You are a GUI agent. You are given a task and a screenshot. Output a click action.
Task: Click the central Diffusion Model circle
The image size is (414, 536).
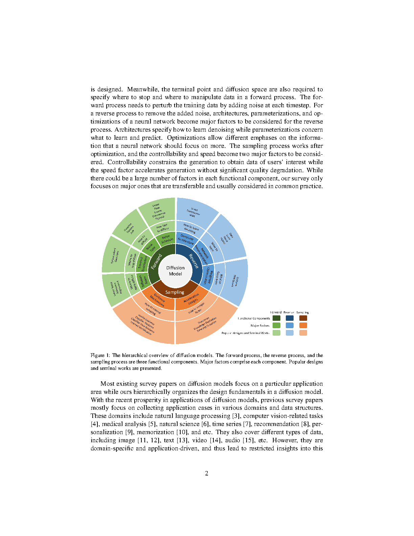175,271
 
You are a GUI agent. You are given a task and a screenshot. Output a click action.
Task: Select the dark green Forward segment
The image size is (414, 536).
156,262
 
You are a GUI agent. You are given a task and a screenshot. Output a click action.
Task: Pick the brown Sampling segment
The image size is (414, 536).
175,292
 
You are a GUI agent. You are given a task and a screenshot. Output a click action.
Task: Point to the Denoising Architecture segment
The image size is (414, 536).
186,239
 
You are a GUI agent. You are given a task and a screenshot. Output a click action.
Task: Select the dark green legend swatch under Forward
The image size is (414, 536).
276,318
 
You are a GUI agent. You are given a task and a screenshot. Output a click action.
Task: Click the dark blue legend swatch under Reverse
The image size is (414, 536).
290,318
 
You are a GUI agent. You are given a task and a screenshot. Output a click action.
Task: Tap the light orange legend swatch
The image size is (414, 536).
303,333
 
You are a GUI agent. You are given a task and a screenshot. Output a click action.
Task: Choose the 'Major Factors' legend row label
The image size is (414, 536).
260,326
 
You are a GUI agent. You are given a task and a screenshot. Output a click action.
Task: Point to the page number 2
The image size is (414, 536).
207,473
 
